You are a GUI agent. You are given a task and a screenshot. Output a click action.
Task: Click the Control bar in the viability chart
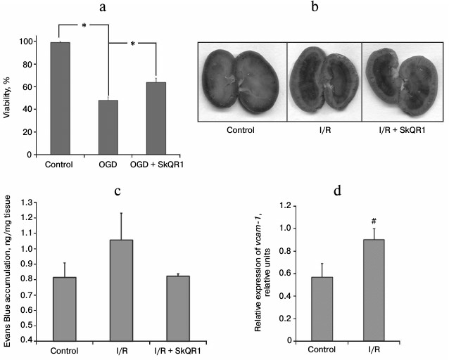(60, 98)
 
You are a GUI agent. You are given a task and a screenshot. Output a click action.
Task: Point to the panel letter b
(322, 8)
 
